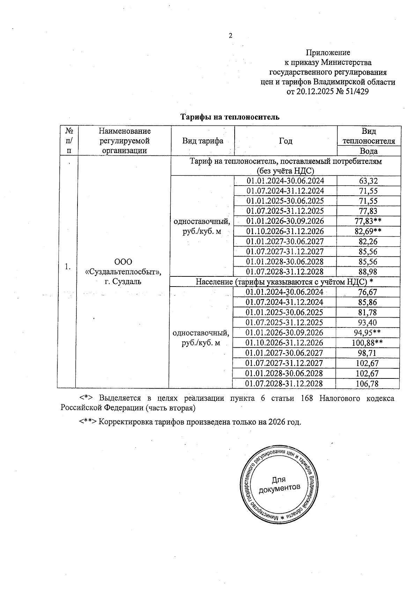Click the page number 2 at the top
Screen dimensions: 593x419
pyautogui.click(x=230, y=35)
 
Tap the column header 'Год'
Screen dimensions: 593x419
pyautogui.click(x=286, y=141)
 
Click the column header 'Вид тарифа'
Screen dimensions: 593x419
pyautogui.click(x=203, y=141)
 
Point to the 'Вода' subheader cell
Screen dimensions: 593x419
pyautogui.click(x=369, y=151)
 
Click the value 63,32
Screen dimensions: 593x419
pyautogui.click(x=368, y=181)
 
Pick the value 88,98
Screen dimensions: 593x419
pyautogui.click(x=368, y=272)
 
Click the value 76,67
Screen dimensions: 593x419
pyautogui.click(x=367, y=292)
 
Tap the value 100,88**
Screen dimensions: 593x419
pyautogui.click(x=367, y=343)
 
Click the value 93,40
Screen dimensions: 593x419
pyautogui.click(x=367, y=323)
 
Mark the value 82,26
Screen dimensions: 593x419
pyautogui.click(x=368, y=241)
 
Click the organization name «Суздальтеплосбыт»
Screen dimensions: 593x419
pyautogui.click(x=123, y=272)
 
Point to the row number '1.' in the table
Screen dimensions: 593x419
pyautogui.click(x=68, y=267)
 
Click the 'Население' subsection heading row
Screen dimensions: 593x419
pyautogui.click(x=284, y=282)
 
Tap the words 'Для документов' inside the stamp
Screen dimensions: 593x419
pyautogui.click(x=279, y=484)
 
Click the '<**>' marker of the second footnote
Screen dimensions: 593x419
pyautogui.click(x=87, y=422)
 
